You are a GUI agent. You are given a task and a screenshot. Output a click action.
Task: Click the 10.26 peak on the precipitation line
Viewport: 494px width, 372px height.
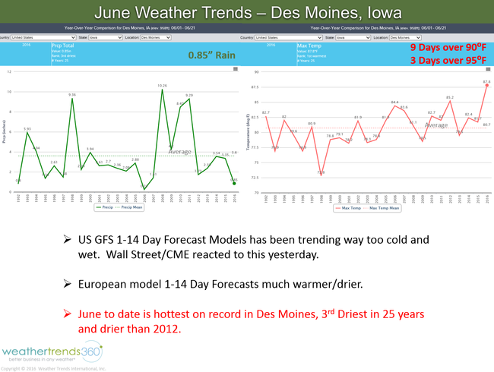click(x=162, y=90)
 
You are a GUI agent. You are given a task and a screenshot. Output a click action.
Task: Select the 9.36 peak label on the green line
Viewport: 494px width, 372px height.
click(x=72, y=95)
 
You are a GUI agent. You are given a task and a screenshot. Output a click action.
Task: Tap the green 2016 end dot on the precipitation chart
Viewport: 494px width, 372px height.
click(x=234, y=183)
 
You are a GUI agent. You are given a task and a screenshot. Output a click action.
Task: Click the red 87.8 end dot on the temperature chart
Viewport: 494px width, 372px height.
click(x=486, y=85)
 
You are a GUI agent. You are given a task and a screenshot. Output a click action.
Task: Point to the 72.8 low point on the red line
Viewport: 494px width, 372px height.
click(x=321, y=174)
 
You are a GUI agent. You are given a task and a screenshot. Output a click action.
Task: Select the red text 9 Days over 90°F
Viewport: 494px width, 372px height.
click(x=447, y=47)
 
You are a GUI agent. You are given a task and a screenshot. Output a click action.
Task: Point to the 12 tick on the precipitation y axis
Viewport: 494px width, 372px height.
click(x=9, y=72)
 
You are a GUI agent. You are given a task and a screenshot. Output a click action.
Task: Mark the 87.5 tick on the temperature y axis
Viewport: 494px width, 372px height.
click(x=255, y=87)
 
